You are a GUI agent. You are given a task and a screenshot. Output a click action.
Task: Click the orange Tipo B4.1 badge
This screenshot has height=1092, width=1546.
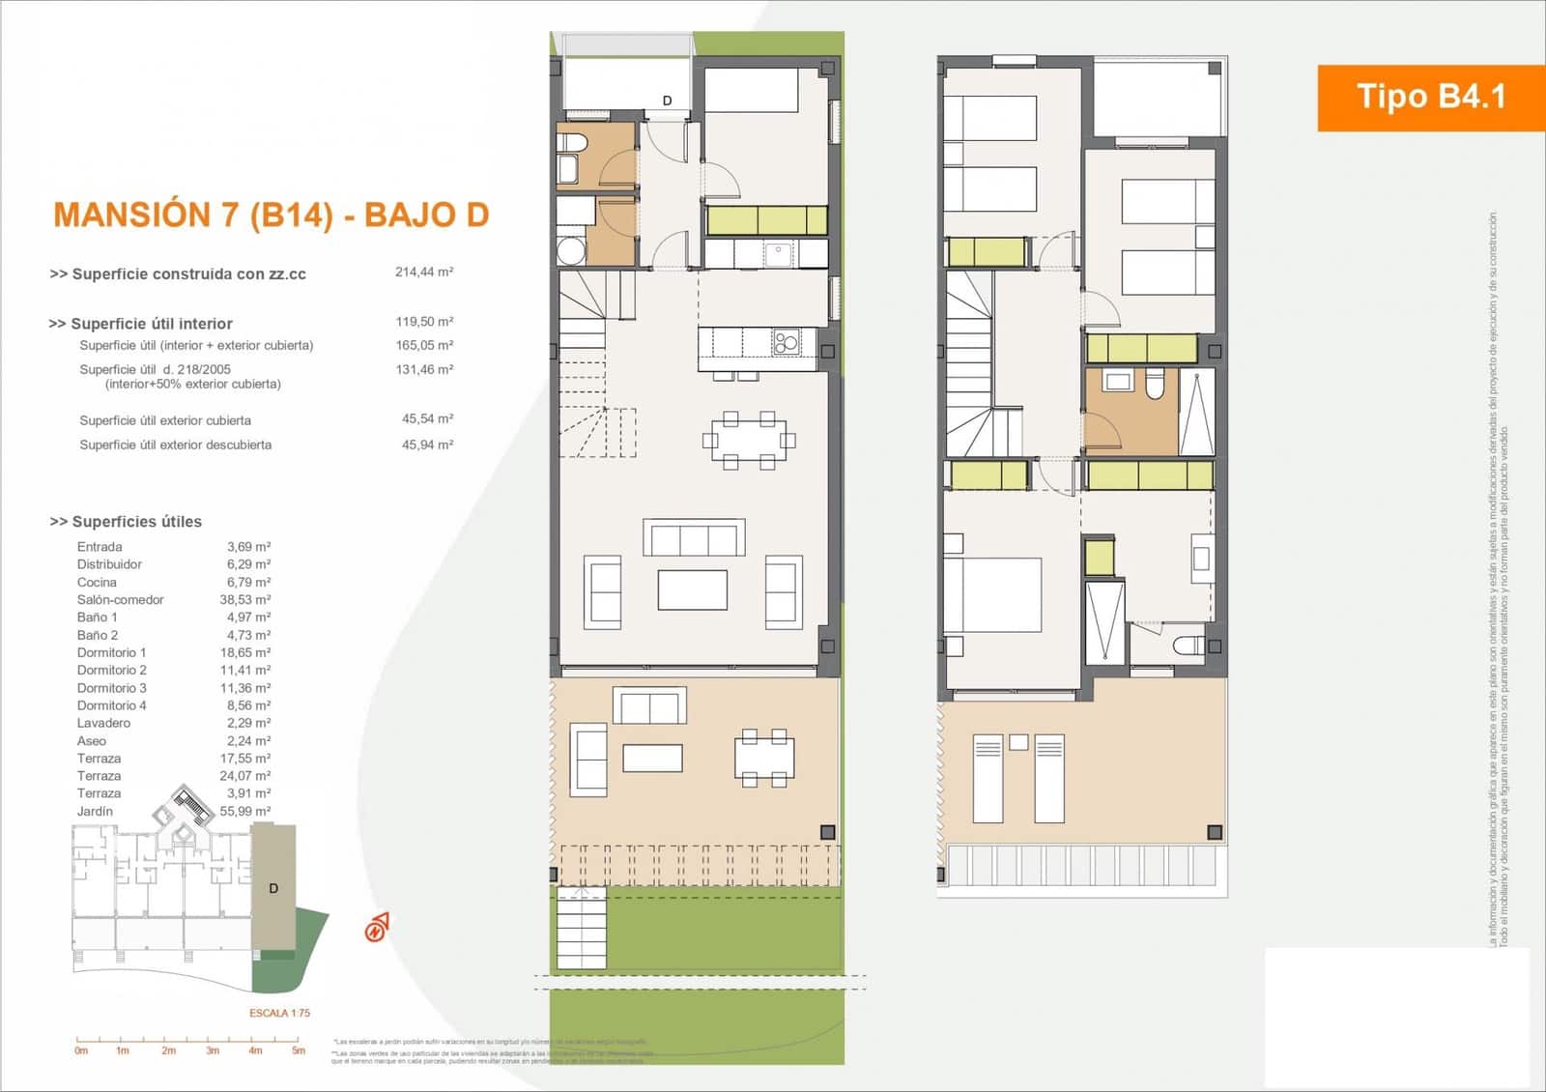1430,97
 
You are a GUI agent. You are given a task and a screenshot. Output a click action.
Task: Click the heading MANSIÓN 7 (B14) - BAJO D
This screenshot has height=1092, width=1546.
271,215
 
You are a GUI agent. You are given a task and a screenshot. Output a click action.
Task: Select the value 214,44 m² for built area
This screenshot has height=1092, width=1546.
423,273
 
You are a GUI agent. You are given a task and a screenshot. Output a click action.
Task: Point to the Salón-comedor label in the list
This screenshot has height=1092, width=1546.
120,600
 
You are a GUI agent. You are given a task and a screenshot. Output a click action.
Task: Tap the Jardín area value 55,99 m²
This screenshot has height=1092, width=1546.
244,812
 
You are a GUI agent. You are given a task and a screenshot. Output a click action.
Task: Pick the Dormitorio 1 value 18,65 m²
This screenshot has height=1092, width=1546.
244,653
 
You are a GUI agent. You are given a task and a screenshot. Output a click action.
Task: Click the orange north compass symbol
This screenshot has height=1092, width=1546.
376,928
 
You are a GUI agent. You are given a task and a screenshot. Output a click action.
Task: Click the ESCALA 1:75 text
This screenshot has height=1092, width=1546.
279,1014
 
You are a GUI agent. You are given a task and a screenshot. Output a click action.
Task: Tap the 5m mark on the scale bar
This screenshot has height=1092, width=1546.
299,1050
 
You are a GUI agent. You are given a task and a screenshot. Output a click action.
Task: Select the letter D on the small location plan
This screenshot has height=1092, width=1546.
273,889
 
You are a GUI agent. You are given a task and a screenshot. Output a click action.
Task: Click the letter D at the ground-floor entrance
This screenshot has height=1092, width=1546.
667,101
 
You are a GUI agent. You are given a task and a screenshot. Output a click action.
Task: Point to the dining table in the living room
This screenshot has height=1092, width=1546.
748,441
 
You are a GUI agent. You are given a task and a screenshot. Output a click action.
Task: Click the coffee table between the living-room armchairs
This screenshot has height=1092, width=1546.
692,589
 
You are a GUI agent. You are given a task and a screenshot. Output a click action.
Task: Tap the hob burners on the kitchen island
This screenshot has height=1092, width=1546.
786,341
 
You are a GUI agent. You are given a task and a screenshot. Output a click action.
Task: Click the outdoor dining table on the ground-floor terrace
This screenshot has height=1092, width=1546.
763,757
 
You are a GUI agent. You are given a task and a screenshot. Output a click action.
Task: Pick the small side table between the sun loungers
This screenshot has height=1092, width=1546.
1018,742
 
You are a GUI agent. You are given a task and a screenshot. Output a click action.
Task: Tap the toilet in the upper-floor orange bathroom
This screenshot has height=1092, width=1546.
1155,385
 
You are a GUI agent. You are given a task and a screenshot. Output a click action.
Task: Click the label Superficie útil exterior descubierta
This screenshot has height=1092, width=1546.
175,445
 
